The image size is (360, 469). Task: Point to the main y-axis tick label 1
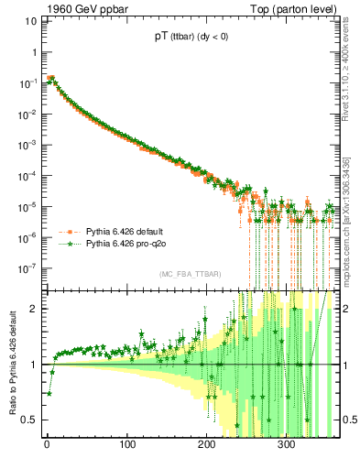35,52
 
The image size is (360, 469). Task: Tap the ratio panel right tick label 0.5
345,420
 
